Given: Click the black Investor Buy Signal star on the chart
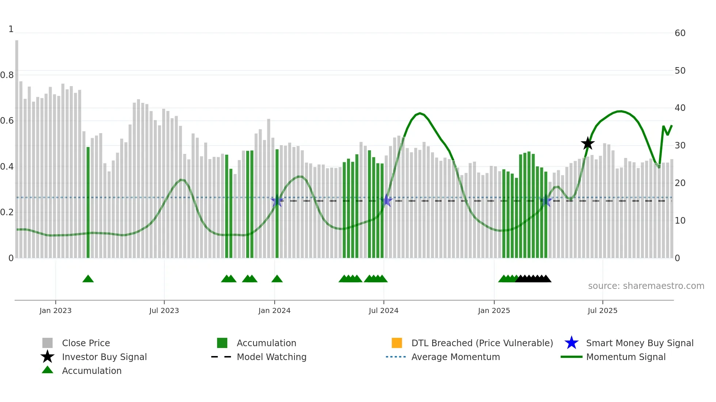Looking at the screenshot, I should click(588, 144).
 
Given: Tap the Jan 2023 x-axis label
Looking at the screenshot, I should click(56, 310).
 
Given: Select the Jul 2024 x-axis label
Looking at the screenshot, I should click(384, 310).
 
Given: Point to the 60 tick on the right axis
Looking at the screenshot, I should click(680, 33).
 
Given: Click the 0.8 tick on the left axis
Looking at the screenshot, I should click(7, 75).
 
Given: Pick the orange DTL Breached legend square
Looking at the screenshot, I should click(397, 343).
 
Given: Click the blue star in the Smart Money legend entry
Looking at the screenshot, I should click(571, 343).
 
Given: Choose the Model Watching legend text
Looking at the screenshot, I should click(271, 357).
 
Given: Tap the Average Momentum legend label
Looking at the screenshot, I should click(456, 357).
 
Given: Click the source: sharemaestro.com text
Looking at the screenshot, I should click(646, 286).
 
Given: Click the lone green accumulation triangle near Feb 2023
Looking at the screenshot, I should click(88, 279).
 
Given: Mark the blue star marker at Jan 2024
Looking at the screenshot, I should click(277, 201).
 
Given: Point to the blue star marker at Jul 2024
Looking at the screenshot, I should click(386, 201).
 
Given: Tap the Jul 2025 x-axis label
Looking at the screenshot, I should click(602, 310).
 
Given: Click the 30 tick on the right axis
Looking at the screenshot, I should click(680, 146).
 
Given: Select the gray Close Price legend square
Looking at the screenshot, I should click(47, 343).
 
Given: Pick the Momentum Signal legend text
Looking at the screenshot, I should click(626, 357).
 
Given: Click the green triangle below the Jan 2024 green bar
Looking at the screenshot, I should click(277, 279).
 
